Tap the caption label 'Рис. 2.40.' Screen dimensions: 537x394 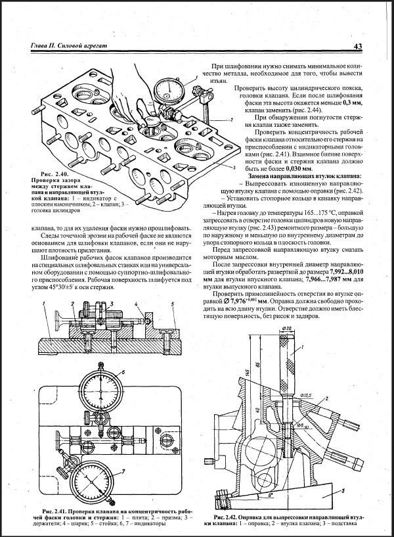click(45, 174)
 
